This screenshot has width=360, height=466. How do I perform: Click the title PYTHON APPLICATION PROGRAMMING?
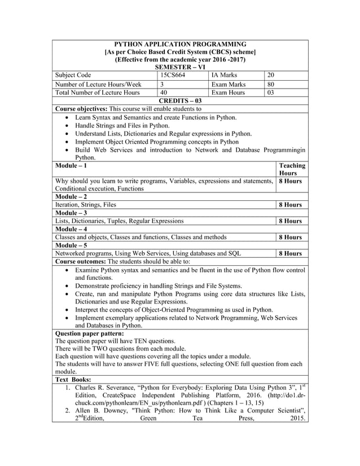[180, 44]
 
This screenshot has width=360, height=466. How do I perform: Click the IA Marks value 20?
[271, 74]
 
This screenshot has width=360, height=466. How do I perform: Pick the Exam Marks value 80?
[271, 83]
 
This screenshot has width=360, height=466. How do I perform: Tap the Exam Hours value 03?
[271, 93]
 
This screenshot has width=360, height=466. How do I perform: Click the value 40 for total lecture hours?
[164, 93]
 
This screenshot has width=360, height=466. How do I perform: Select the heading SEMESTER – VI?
[180, 67]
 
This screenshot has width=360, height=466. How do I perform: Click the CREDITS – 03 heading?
[180, 100]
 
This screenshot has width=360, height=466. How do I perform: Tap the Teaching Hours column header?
[292, 169]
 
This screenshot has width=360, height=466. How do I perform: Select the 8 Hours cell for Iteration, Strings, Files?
[291, 205]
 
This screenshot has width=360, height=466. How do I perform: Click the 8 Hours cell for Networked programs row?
[291, 253]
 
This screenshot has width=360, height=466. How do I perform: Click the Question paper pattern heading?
[89, 333]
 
